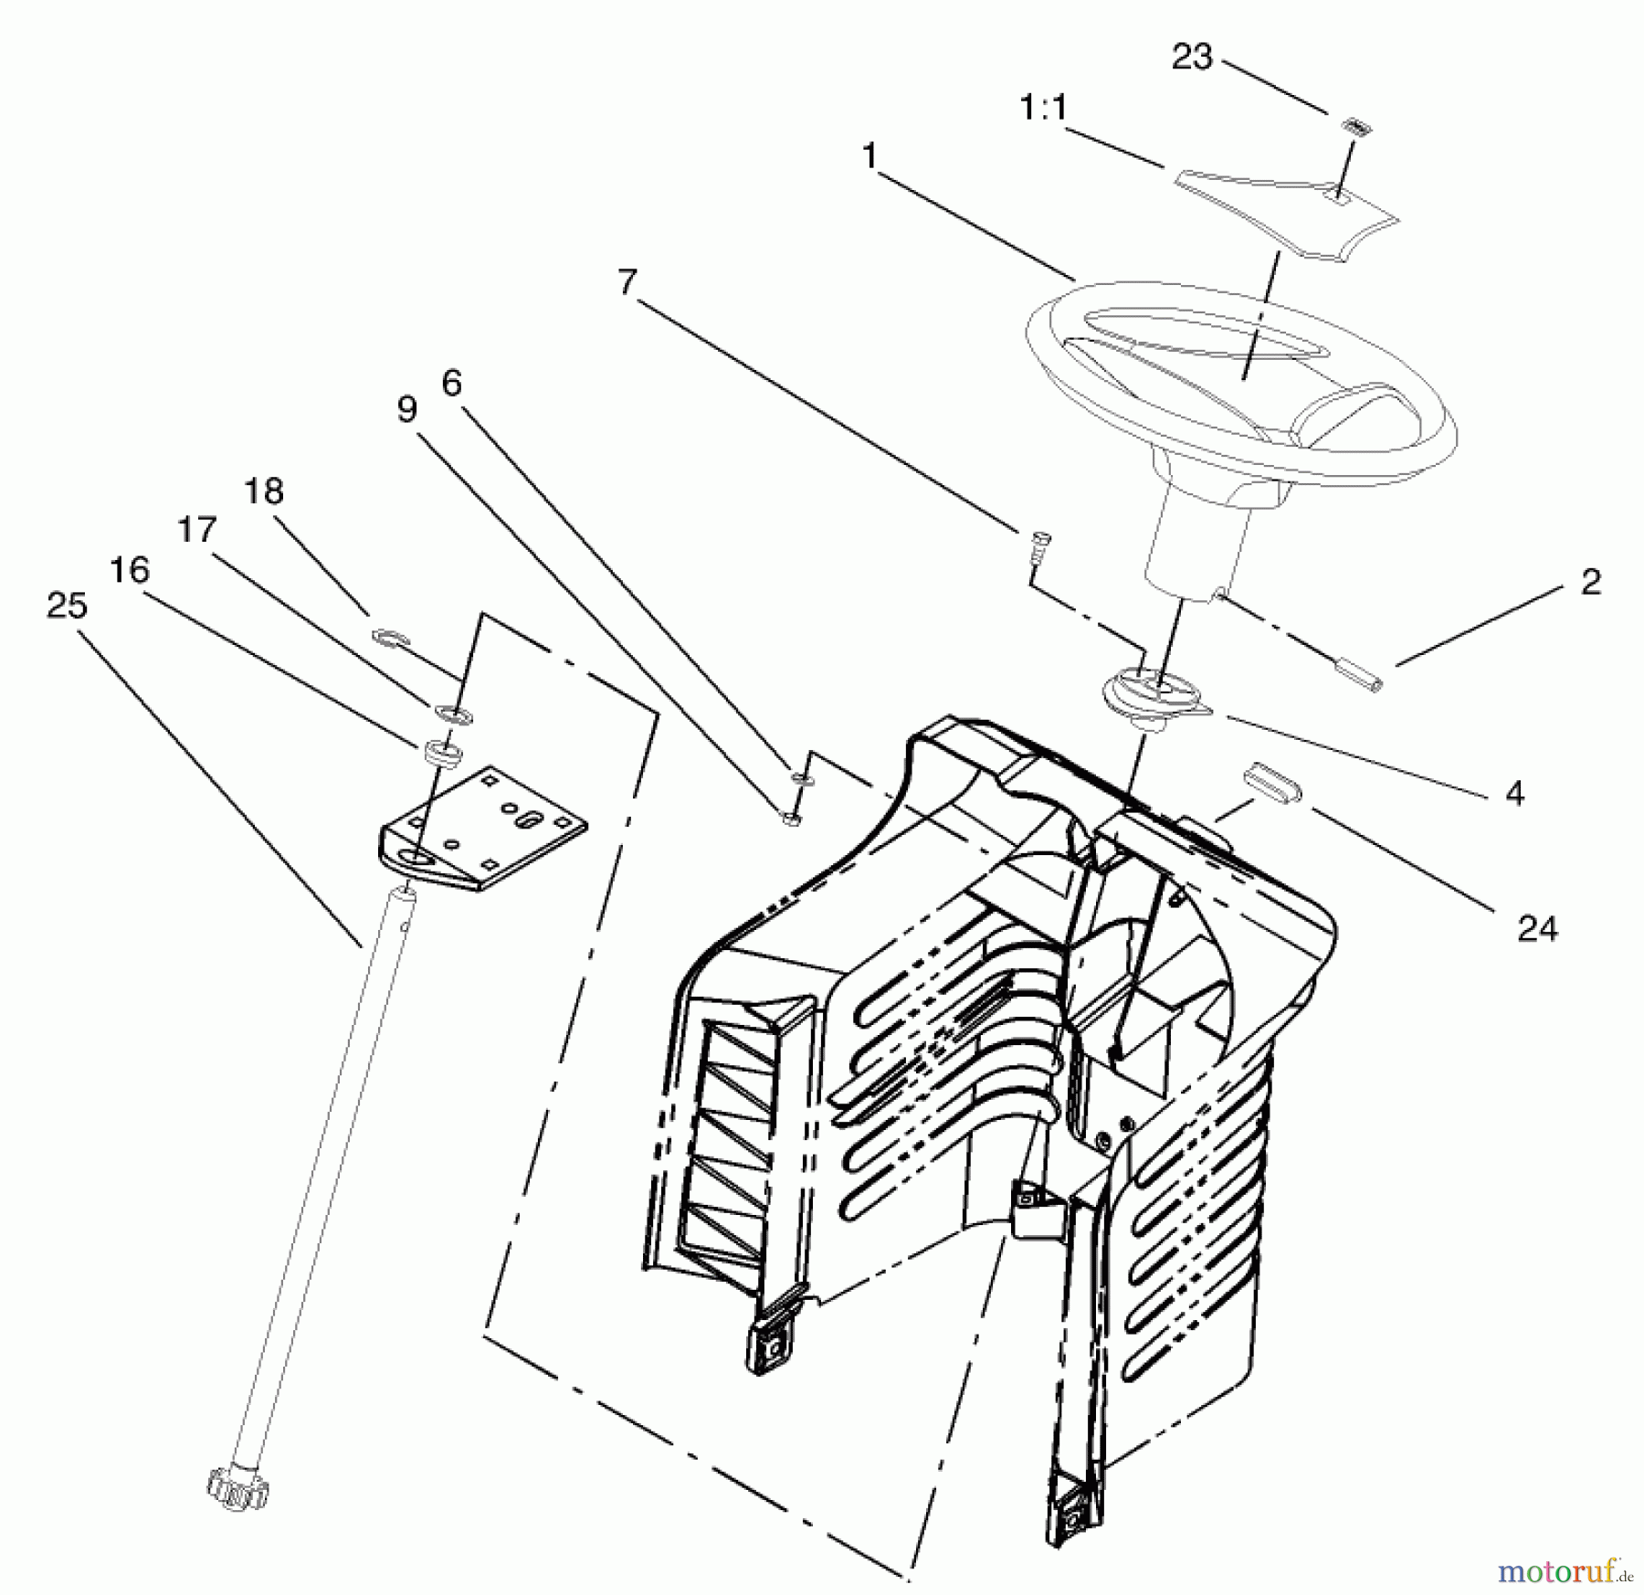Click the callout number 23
(x=1191, y=58)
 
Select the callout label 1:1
(x=1042, y=110)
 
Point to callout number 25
(x=67, y=606)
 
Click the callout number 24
(x=1537, y=929)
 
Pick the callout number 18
(x=264, y=491)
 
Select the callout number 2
(x=1590, y=582)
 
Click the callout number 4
(x=1514, y=794)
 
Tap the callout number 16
(x=129, y=570)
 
